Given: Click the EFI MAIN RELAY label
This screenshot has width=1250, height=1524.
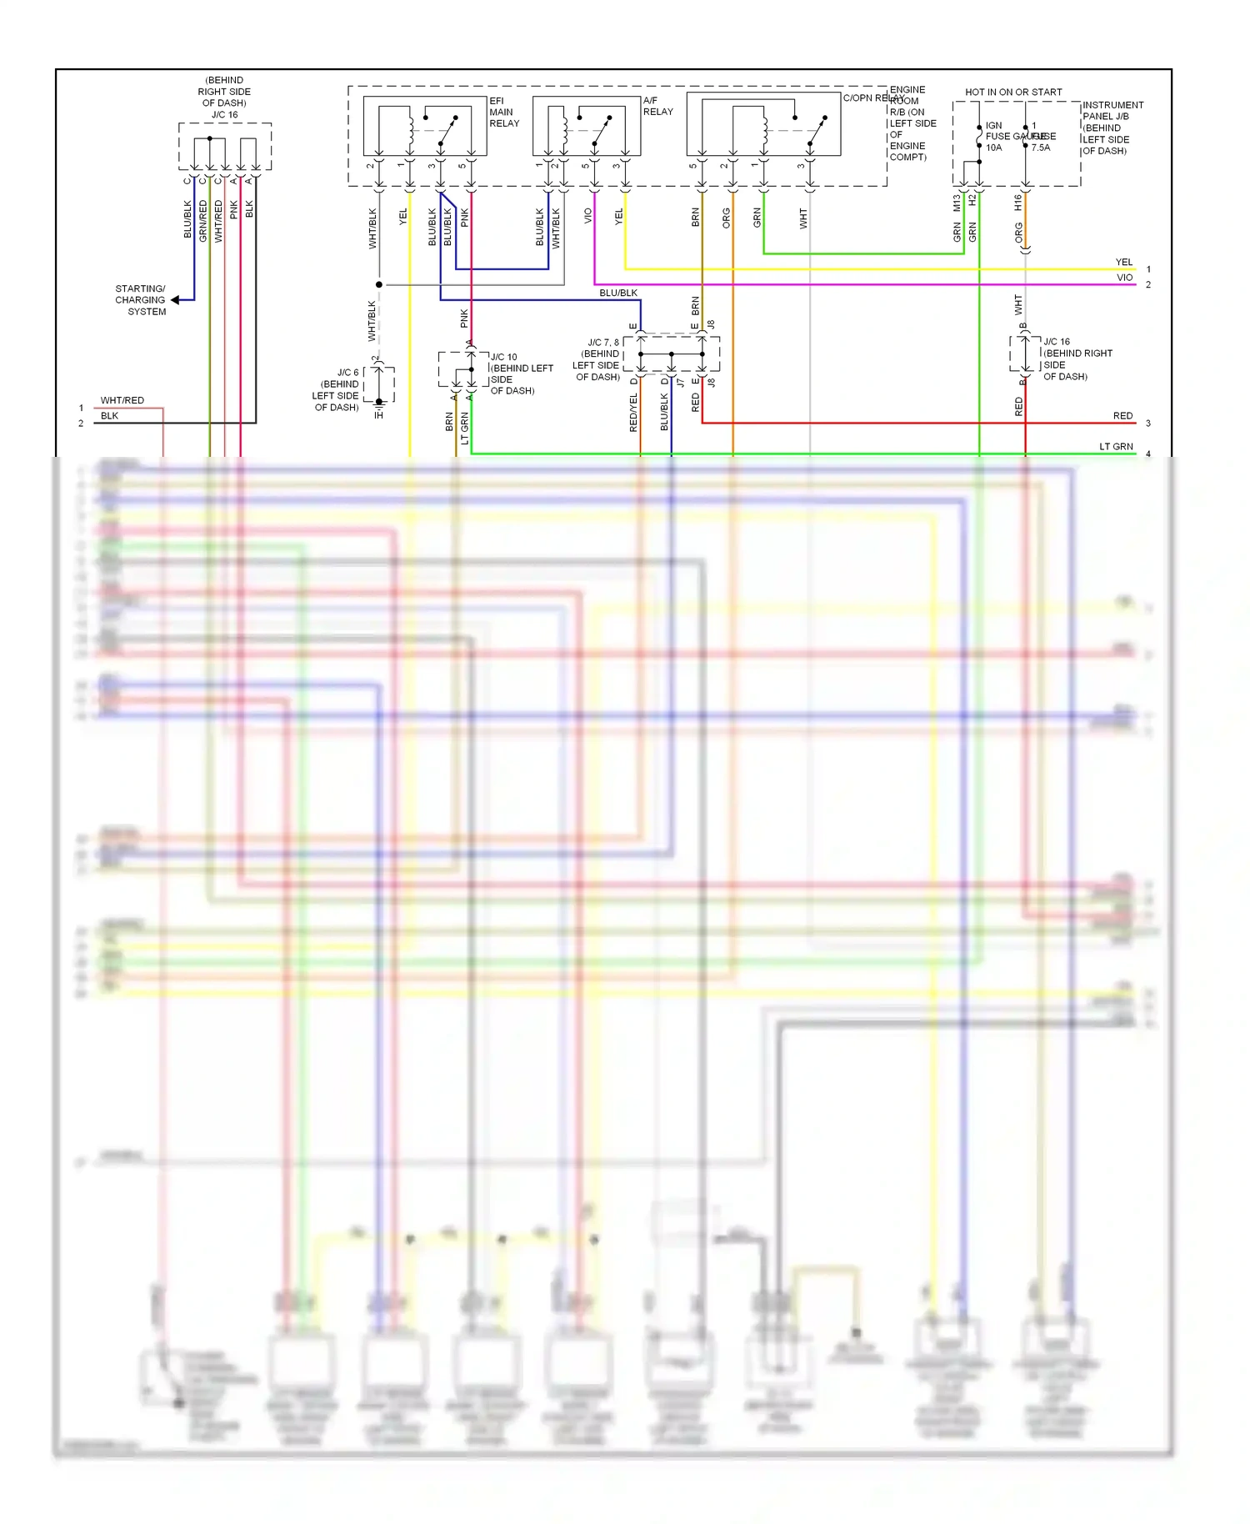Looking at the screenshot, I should (503, 113).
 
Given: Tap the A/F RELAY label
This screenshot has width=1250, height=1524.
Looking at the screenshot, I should (657, 106).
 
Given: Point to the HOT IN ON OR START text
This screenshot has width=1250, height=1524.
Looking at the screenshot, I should (1013, 92).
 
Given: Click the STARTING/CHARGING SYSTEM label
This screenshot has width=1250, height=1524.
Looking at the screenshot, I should (141, 300).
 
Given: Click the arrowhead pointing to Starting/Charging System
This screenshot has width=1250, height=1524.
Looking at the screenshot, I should (176, 300).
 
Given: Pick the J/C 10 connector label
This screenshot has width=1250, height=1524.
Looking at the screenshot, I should (503, 357).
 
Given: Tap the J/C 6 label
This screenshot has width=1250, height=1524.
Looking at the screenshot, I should (347, 373).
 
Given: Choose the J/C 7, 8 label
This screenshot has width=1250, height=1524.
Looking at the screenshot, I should (603, 343).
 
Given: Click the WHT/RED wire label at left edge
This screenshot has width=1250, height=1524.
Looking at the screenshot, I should (122, 400).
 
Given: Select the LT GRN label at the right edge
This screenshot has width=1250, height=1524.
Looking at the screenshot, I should (1116, 447).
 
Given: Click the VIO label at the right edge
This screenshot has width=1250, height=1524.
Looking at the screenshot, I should (1124, 278).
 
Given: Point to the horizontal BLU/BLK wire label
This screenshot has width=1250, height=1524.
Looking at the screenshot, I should (618, 293).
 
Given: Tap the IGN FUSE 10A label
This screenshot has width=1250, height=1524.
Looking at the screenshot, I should (994, 137).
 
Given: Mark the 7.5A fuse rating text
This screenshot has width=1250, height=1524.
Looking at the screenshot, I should (1041, 148).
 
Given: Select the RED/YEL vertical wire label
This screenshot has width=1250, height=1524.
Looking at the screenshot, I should (633, 413).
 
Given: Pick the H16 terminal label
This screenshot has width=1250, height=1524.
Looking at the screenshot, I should (1018, 202).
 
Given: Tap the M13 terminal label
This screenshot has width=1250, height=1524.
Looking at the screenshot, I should (957, 202).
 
